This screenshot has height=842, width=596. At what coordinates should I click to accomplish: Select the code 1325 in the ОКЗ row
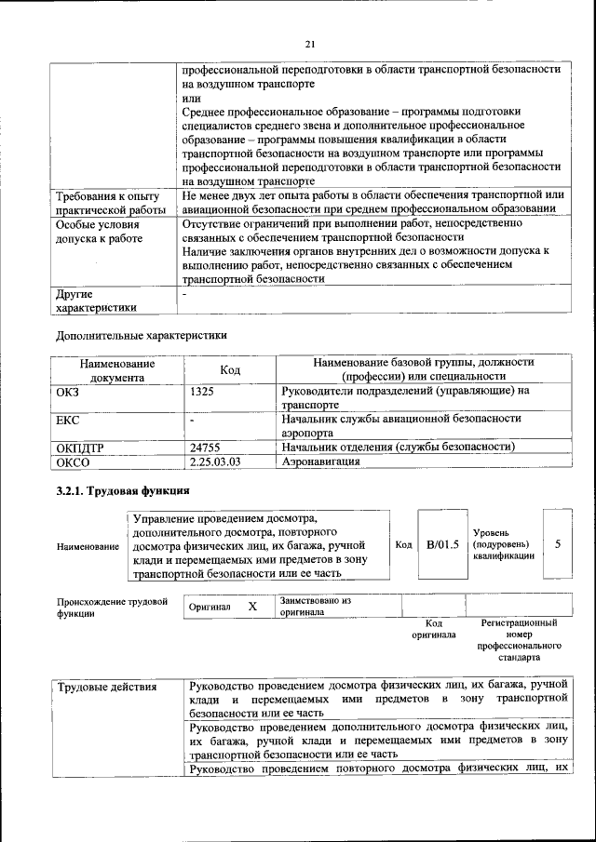(202, 393)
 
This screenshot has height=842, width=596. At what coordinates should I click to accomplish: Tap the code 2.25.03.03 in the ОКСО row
(215, 461)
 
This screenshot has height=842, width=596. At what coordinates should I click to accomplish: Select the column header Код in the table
(230, 370)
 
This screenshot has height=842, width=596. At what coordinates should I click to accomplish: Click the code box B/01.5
(443, 544)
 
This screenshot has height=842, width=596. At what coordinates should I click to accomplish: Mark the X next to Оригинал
(251, 607)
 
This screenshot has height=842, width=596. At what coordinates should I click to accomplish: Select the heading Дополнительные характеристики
(141, 335)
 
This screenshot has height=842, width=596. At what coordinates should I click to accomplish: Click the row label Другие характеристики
(96, 301)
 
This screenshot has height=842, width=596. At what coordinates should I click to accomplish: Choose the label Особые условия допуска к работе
(99, 232)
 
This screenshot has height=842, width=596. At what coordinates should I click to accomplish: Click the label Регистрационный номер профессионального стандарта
(519, 639)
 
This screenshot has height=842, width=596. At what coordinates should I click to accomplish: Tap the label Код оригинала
(433, 629)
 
